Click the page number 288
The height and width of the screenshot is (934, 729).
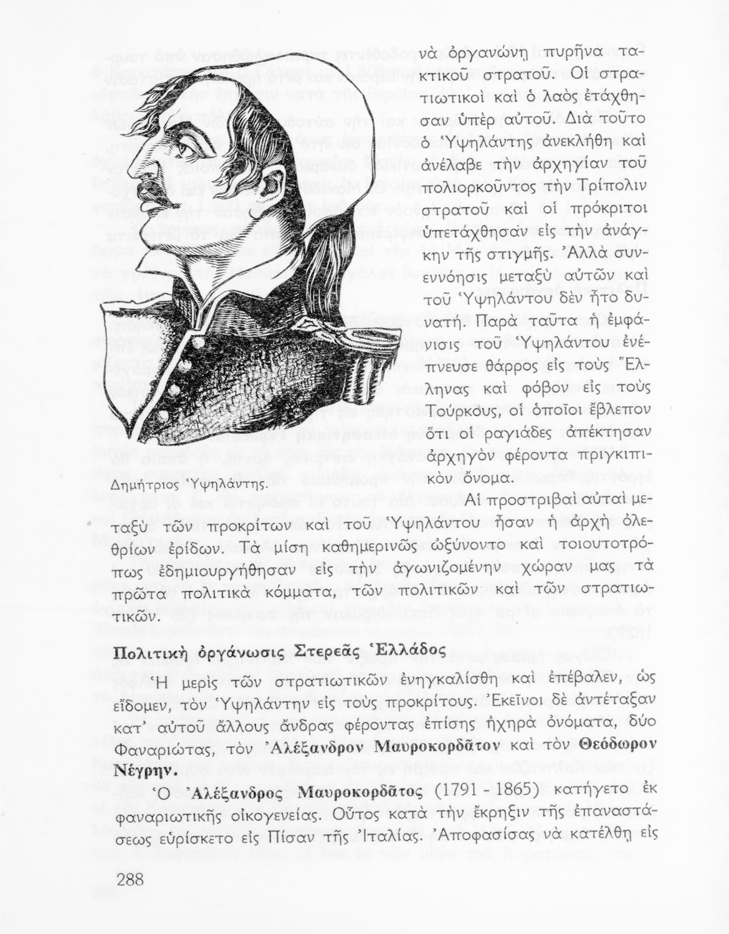point(130,879)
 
